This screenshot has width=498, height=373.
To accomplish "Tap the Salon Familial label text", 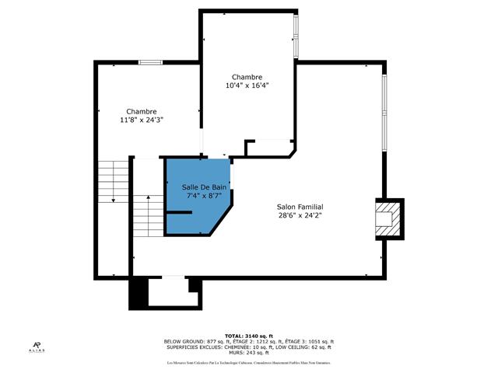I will (300, 207).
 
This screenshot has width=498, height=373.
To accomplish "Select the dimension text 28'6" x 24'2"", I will (300, 215).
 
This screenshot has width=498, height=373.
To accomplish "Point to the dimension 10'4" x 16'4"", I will (247, 85).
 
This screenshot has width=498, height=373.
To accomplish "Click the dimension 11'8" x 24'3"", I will (142, 120).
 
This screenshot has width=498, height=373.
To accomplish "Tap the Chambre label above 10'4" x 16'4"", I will (247, 77).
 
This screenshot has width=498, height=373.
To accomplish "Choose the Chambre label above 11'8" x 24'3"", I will (142, 111).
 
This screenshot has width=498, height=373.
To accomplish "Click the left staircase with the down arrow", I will (114, 183).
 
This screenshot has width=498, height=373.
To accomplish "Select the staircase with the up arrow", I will (149, 215).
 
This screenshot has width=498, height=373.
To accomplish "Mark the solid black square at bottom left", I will (137, 295).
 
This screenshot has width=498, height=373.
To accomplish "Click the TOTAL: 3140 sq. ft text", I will (248, 336).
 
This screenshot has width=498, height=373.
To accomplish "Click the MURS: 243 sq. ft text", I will (248, 353).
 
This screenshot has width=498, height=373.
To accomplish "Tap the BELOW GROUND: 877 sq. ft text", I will (195, 342).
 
